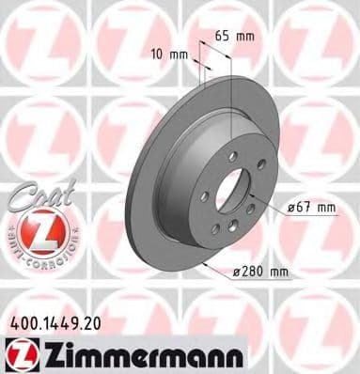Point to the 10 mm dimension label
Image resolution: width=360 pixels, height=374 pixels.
click(x=171, y=55)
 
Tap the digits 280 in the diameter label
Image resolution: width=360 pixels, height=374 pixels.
click(x=252, y=272)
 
